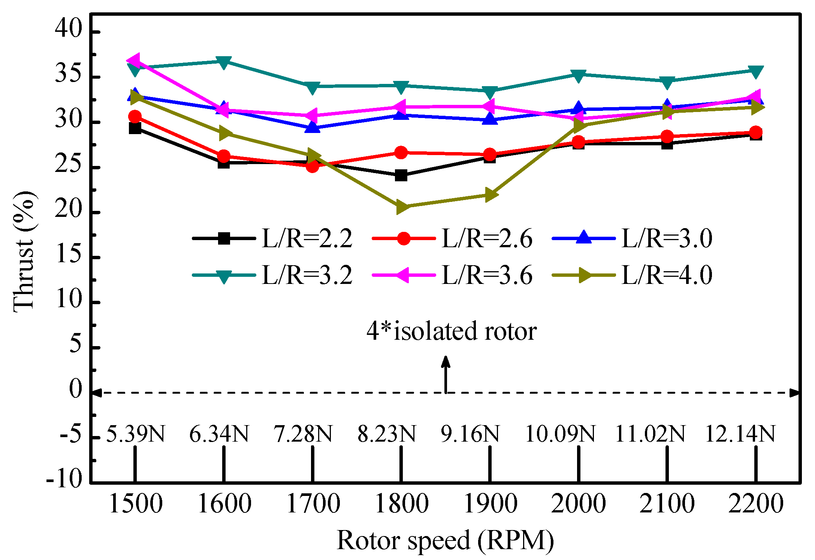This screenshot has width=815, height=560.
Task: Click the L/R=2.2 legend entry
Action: (x=272, y=238)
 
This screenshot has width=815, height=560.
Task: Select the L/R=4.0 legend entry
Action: (x=632, y=275)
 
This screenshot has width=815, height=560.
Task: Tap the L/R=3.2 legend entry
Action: (x=272, y=275)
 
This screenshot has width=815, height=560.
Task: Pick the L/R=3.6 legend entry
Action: (x=452, y=275)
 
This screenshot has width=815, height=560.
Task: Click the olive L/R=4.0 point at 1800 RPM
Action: (x=401, y=207)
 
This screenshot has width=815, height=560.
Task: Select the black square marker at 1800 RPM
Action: (x=401, y=175)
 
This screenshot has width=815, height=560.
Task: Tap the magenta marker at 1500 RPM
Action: (x=134, y=60)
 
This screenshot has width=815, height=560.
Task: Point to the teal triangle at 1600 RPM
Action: (x=223, y=62)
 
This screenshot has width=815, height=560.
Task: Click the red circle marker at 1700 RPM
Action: (x=312, y=166)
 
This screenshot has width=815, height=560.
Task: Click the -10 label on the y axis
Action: (x=64, y=479)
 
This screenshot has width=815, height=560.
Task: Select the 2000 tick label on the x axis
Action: (x=578, y=503)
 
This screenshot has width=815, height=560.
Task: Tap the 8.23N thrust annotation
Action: (x=387, y=434)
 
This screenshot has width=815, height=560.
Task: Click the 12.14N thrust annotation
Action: (x=740, y=434)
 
